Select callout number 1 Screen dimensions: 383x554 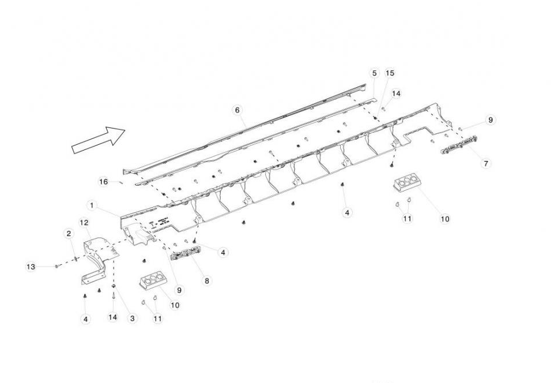(92, 205)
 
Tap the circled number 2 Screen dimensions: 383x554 (69, 234)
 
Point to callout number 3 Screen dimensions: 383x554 (133, 318)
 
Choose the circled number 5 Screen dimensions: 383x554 (374, 73)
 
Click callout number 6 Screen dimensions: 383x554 (236, 110)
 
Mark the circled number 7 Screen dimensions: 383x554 (486, 163)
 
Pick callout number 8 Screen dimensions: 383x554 (207, 281)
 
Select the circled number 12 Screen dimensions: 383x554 (84, 222)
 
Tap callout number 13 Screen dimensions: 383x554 (31, 266)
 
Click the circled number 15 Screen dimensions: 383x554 (390, 73)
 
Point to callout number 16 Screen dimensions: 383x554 (104, 182)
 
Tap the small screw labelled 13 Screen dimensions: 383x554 (57, 266)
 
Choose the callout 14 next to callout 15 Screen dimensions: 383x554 (396, 93)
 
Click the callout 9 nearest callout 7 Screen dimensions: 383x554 (491, 120)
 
